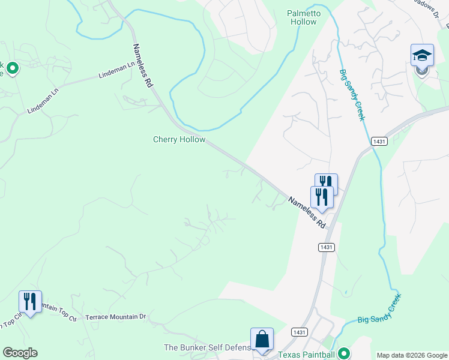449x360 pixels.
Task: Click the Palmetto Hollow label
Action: (303, 17)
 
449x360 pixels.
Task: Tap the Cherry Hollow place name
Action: (179, 139)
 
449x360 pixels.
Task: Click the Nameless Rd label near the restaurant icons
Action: (306, 212)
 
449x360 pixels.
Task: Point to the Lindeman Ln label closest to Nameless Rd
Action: (117, 74)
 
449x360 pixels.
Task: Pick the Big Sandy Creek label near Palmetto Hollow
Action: (352, 94)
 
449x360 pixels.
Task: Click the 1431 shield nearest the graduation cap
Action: (379, 142)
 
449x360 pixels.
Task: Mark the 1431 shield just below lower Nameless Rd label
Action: (326, 247)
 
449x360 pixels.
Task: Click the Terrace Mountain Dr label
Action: (116, 316)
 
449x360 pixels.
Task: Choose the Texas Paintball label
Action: (306, 353)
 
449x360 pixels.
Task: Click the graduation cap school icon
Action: (422, 55)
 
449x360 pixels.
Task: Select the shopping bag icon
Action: (262, 340)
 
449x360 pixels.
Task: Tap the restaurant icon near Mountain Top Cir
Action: (30, 301)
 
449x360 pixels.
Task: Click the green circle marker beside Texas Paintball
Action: (343, 353)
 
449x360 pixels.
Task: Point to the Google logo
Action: (20, 353)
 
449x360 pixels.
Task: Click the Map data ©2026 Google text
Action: (412, 355)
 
